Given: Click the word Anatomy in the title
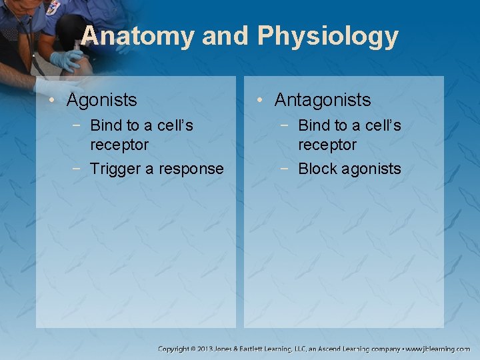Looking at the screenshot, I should tap(137, 36).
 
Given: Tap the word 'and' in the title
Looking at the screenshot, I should tap(223, 36).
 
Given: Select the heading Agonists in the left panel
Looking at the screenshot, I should tap(102, 100).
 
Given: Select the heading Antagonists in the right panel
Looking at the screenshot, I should tap(323, 100).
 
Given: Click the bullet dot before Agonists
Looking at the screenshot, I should tap(52, 101).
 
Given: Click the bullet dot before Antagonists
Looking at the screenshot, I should tap(260, 101).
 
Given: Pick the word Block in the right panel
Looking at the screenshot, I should tap(317, 169).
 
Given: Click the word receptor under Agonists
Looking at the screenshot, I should tap(119, 145).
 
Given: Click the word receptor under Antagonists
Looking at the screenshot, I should tap(327, 145).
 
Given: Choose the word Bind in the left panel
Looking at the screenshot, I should tap(105, 125).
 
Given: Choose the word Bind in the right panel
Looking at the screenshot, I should tap(313, 125).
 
